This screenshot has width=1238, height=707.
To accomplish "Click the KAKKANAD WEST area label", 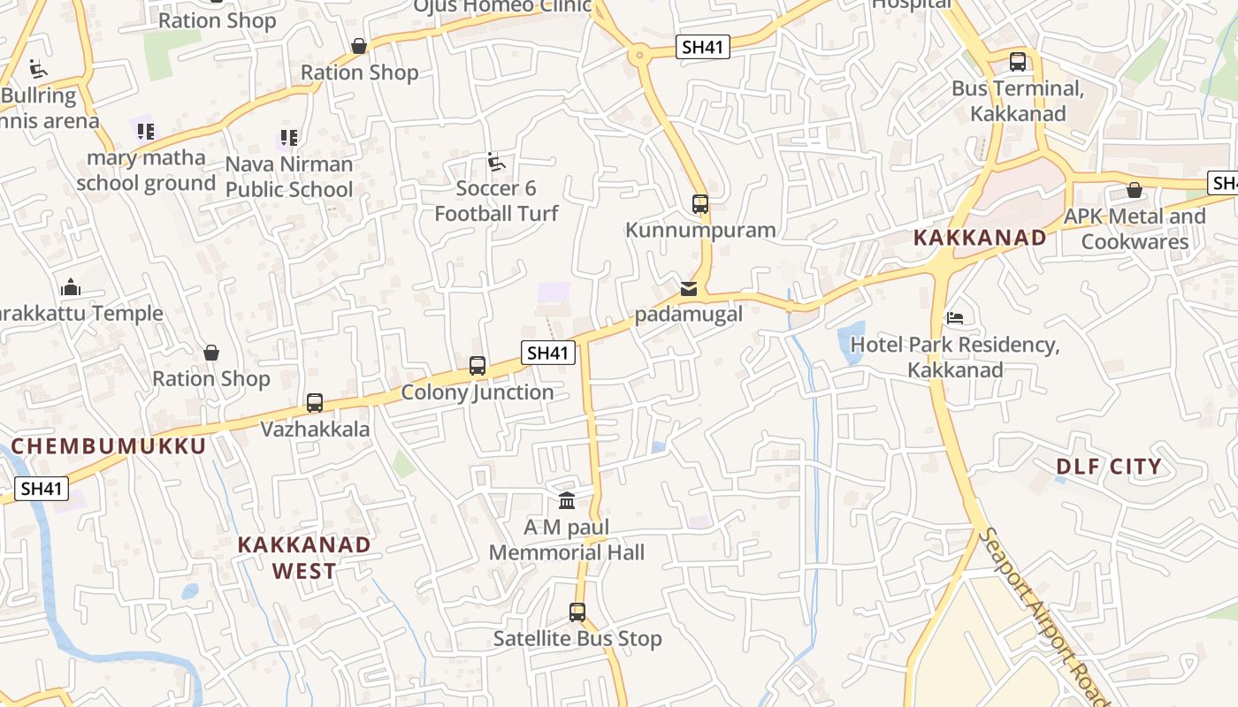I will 303,558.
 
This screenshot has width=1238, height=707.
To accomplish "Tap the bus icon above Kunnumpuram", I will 700,204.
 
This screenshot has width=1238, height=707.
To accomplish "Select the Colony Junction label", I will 478,392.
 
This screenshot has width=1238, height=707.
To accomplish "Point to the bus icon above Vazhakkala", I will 314,403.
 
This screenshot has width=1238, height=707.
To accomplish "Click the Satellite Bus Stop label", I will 577,638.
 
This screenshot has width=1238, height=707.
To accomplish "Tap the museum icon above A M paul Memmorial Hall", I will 567,501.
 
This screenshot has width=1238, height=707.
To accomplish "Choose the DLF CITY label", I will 1108,467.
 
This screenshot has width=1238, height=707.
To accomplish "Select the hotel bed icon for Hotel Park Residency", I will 954,317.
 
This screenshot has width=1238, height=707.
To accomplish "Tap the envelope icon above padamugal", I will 689,289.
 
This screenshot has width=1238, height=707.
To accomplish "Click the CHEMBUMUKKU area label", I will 108,445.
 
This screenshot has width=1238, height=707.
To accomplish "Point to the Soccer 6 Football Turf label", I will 496,201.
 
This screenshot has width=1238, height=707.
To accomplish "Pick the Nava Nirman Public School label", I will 289,177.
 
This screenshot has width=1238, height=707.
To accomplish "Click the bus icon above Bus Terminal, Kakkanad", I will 1018,62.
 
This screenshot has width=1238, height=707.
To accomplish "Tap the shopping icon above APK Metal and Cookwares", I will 1135,191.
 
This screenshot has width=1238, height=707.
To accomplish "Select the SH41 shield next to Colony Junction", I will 548,353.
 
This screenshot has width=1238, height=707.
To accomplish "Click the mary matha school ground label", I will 146,171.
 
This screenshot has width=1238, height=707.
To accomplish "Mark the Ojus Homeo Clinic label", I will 502,6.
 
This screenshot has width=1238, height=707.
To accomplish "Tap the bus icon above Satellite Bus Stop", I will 577,612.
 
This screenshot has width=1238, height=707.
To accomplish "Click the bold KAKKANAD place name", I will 979,238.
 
